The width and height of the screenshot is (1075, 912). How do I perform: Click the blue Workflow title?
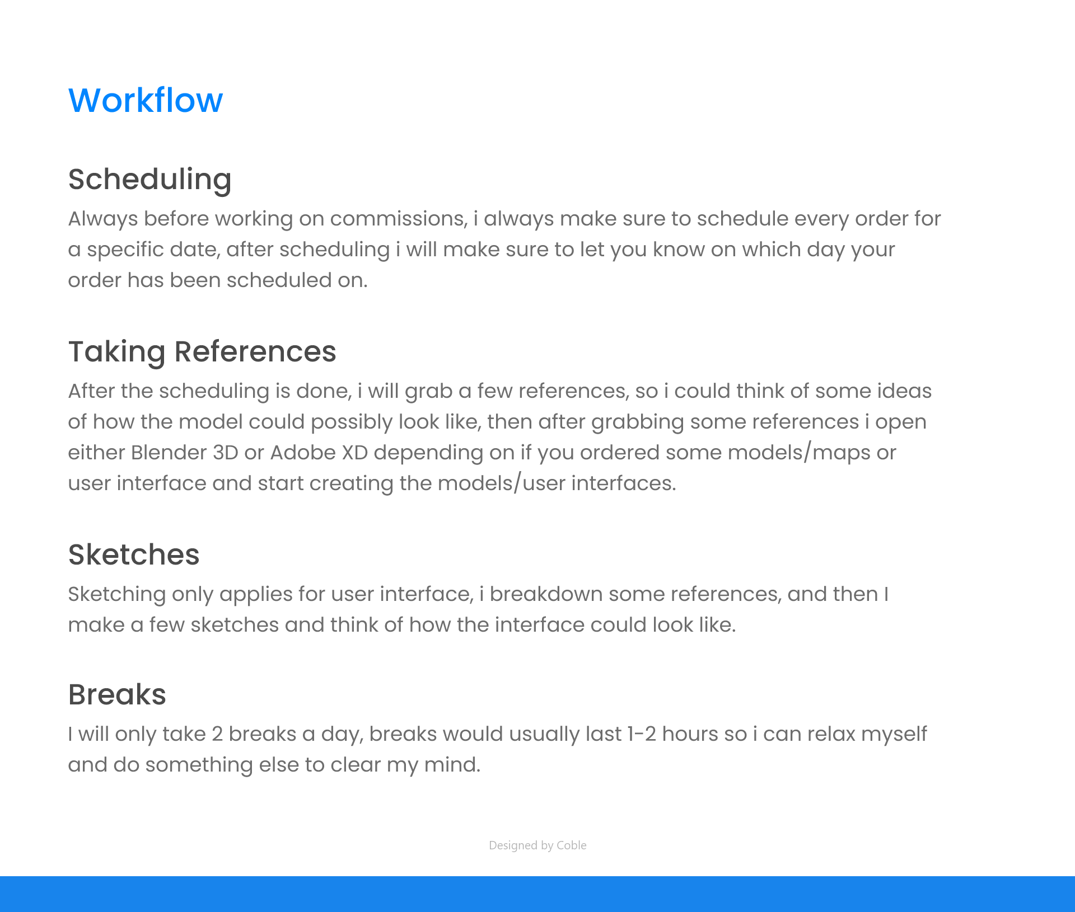pyautogui.click(x=146, y=101)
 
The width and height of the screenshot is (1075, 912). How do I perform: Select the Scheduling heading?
pyautogui.click(x=149, y=180)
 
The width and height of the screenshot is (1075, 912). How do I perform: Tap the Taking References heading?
pyautogui.click(x=202, y=352)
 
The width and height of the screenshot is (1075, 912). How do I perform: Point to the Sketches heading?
pyautogui.click(x=134, y=554)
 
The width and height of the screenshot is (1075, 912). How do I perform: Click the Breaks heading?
pyautogui.click(x=117, y=694)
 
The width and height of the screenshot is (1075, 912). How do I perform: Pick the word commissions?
pyautogui.click(x=399, y=219)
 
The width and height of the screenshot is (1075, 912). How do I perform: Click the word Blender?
pyautogui.click(x=169, y=453)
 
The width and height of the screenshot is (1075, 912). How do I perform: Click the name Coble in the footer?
pyautogui.click(x=572, y=845)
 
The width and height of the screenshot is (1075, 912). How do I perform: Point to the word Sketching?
pyautogui.click(x=117, y=595)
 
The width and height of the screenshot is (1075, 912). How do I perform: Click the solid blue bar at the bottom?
pyautogui.click(x=537, y=894)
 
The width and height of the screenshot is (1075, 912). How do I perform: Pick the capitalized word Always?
pyautogui.click(x=103, y=219)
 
